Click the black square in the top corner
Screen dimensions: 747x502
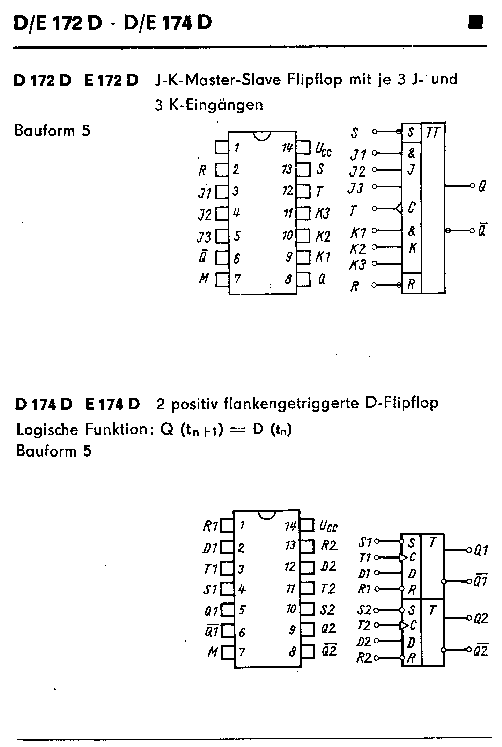(476, 22)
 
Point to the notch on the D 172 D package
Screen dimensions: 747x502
(262, 136)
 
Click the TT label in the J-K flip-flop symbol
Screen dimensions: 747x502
(433, 132)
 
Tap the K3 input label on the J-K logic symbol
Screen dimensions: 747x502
(357, 265)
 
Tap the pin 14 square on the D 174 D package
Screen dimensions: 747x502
(306, 525)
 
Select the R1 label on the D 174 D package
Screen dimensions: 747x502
(211, 526)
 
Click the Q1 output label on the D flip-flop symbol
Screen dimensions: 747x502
(481, 550)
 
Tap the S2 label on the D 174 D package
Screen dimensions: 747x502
(327, 609)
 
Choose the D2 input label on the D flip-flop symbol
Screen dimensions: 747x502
(364, 641)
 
